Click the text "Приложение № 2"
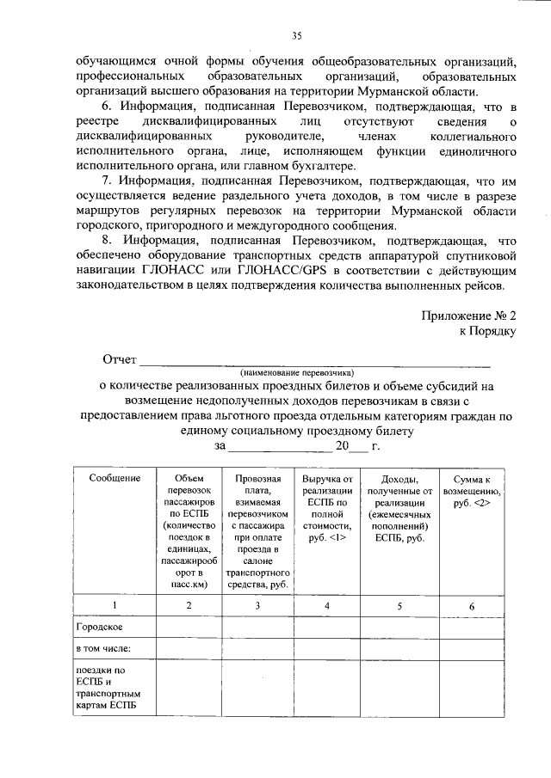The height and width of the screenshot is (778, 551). tap(468, 315)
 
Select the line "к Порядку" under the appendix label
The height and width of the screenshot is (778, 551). tap(488, 330)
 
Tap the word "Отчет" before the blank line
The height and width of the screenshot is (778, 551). tap(120, 358)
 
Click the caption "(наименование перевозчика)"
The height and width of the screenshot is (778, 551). tap(298, 372)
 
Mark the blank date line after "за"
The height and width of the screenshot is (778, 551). tap(281, 446)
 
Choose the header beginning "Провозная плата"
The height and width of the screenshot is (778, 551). tap(257, 533)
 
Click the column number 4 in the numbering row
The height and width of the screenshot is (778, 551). tap(326, 606)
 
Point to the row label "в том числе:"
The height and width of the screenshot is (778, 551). tap(102, 648)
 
